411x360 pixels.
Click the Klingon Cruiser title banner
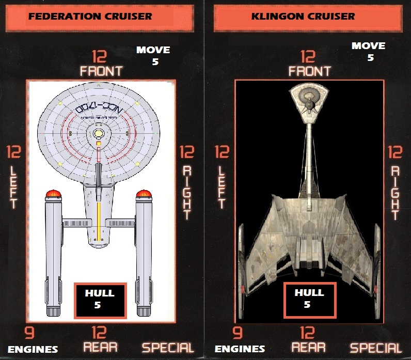pos(303,16)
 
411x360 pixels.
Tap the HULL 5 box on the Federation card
pos(100,300)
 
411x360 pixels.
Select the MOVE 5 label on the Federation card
pos(153,56)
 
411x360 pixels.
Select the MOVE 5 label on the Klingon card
pos(369,52)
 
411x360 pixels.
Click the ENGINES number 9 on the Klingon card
pos(238,334)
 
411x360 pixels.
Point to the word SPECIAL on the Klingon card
pos(376,348)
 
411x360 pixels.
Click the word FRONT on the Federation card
pos(101,71)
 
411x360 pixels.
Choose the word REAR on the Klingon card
pos(309,347)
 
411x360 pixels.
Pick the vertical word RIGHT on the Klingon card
pos(396,193)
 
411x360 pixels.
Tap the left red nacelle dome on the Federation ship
pos(53,195)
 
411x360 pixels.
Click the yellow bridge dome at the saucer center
pos(99,133)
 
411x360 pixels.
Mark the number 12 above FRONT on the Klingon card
pos(308,56)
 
